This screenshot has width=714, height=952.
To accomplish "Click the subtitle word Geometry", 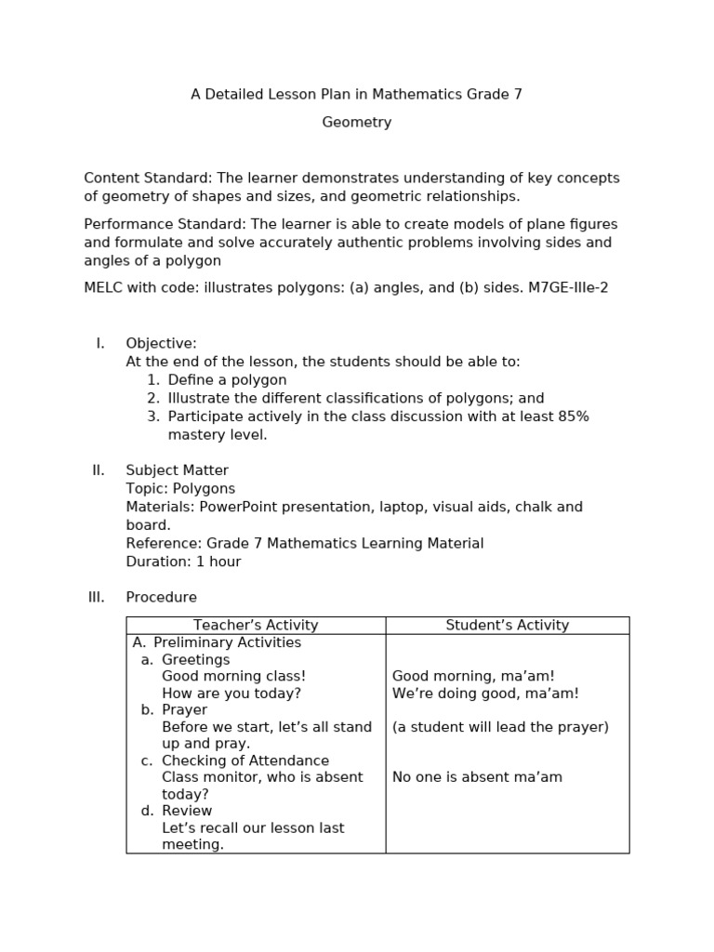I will pos(357,123).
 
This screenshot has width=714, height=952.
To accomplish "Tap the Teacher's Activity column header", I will pos(256,626).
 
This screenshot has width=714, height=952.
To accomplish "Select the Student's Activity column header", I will pos(507,626).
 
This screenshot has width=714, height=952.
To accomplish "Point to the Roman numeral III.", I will pos(97,598).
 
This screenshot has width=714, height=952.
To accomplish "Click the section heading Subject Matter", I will pos(177,471).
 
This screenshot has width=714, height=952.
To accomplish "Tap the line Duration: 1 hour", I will pos(183,562).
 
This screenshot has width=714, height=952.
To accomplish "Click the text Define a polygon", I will pos(227,380).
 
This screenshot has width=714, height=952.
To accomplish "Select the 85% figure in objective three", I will pos(573,416).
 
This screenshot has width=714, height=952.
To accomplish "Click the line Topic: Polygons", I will pos(180,489).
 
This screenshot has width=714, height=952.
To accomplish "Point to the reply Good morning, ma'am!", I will pos(473,677).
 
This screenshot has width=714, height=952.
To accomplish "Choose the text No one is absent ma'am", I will pos(477,777).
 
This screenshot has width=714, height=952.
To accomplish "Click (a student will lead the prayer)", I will pos(500,727).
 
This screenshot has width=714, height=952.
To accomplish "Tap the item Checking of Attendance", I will pos(245,760).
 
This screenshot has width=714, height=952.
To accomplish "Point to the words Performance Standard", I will pos(164,225).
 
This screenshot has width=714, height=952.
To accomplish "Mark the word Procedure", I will pos(162,598).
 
